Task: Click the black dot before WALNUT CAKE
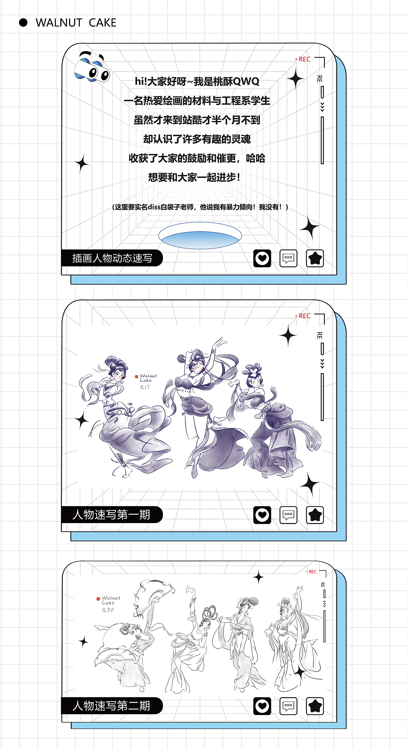pyautogui.click(x=23, y=23)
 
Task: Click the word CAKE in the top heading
pyautogui.click(x=102, y=23)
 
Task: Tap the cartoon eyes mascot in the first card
pyautogui.click(x=92, y=68)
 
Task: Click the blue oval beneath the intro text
pyautogui.click(x=200, y=236)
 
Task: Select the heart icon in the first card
pyautogui.click(x=262, y=258)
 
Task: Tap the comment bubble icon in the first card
pyautogui.click(x=288, y=258)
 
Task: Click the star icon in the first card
pyautogui.click(x=315, y=258)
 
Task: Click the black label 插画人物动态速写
pyautogui.click(x=112, y=258)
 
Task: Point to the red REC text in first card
pyautogui.click(x=304, y=59)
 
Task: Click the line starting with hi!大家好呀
pyautogui.click(x=197, y=81)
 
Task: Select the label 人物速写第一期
pyautogui.click(x=111, y=514)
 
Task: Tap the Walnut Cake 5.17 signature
pyautogui.click(x=147, y=381)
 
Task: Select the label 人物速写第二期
pyautogui.click(x=111, y=706)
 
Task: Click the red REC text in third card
pyautogui.click(x=312, y=572)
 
